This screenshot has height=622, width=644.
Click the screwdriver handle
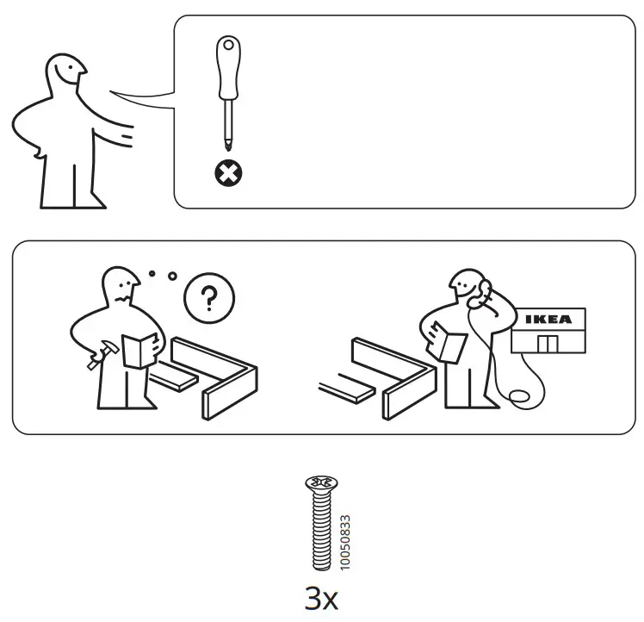pos(228,68)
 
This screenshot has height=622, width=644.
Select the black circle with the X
pos(228,174)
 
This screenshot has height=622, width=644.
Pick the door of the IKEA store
pos(547,344)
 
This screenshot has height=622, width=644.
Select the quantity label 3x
pos(321,598)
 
